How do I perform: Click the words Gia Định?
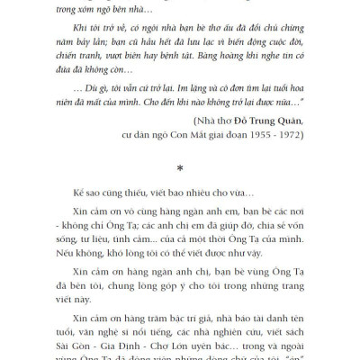[x=109, y=342]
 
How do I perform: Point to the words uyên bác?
[x=195, y=342]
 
